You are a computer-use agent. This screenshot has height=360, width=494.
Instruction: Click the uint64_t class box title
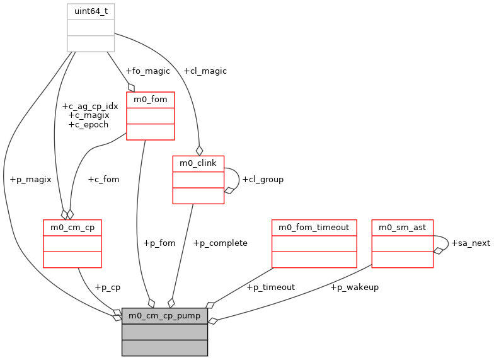click(x=91, y=11)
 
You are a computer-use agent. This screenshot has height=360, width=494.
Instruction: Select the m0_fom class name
click(x=150, y=100)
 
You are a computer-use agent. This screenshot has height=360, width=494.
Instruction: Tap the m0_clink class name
click(x=198, y=163)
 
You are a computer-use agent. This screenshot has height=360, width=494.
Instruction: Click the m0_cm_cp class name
click(x=72, y=227)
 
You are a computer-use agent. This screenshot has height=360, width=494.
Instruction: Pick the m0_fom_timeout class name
click(x=314, y=227)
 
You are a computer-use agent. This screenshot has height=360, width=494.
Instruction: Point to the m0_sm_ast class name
click(x=402, y=227)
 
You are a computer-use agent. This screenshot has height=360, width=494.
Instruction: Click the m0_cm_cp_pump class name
click(x=164, y=315)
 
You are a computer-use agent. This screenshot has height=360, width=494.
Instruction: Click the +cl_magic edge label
click(x=205, y=71)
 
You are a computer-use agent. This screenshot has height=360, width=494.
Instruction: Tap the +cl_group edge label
click(x=263, y=179)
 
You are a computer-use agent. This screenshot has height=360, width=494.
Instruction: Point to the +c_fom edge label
click(x=103, y=179)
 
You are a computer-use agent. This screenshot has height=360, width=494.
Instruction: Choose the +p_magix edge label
click(x=30, y=179)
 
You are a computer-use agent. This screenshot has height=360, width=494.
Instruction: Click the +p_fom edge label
click(x=159, y=243)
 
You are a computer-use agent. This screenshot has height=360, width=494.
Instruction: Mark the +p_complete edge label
click(x=220, y=243)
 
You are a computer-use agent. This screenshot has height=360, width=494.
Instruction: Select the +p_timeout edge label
click(x=270, y=287)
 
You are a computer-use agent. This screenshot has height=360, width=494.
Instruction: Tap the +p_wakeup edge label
click(x=354, y=287)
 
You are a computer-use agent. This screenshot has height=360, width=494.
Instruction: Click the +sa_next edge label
click(x=471, y=243)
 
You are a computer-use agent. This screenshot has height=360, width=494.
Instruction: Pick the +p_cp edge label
click(x=107, y=287)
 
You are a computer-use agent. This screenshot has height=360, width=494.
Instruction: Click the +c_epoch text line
click(x=88, y=124)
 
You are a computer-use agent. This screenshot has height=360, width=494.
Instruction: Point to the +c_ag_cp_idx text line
click(x=90, y=106)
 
